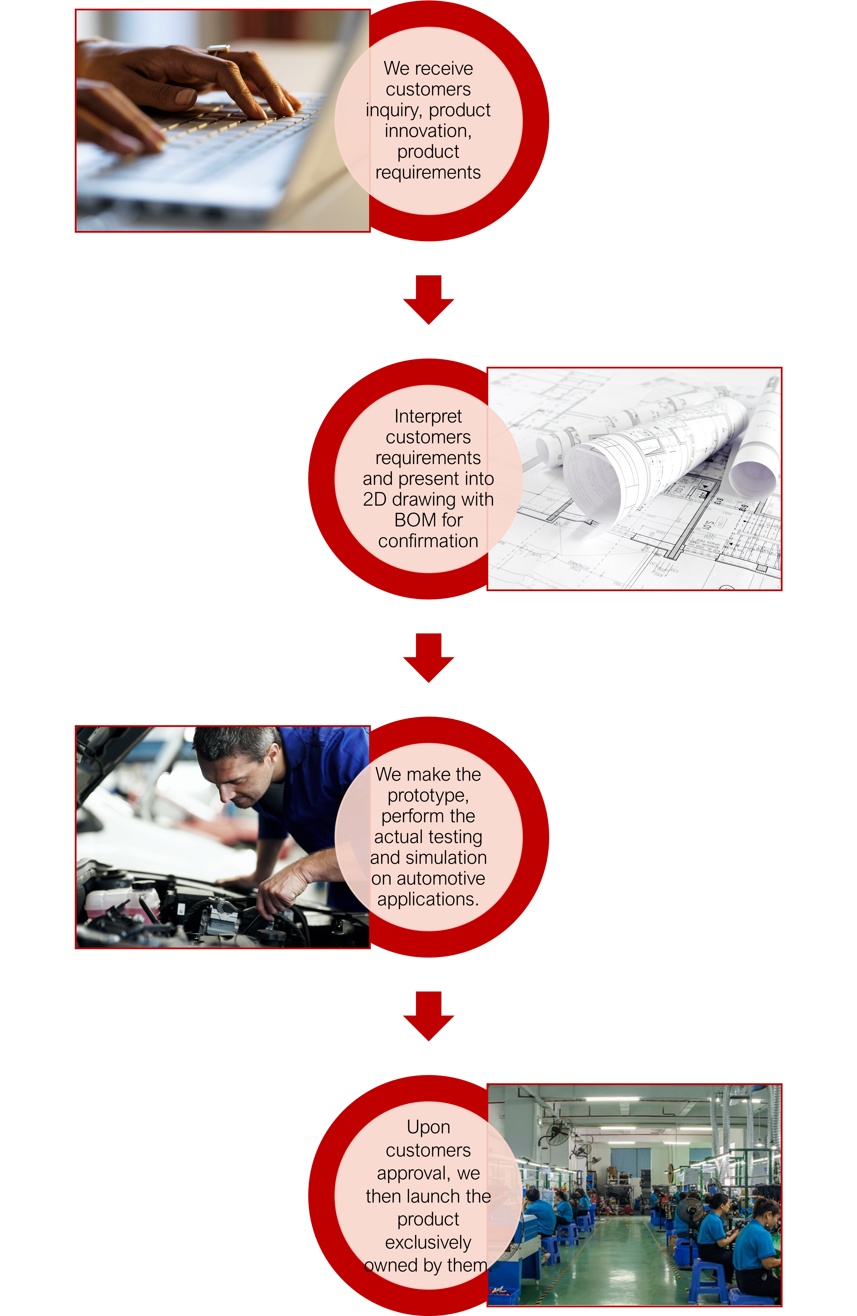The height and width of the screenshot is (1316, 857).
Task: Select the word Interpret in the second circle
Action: click(428, 416)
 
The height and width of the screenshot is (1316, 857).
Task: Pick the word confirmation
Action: click(428, 541)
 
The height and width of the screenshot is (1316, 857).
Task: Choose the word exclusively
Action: click(428, 1243)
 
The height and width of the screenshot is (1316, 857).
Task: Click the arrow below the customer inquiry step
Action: click(429, 299)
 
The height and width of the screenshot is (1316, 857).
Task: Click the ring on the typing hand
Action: click(219, 49)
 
